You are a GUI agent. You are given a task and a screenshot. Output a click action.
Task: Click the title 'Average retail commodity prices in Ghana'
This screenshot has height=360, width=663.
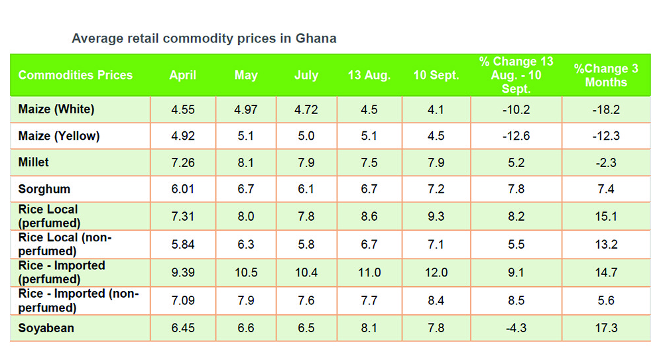[204, 38]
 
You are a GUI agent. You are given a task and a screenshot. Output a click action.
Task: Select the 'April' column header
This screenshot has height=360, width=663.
[182, 75]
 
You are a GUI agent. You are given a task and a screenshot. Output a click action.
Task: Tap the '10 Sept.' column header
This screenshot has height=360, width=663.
[436, 75]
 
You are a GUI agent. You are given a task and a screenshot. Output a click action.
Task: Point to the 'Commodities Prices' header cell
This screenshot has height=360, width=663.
[76, 75]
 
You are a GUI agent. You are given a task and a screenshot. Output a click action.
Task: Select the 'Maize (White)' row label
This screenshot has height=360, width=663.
[56, 109]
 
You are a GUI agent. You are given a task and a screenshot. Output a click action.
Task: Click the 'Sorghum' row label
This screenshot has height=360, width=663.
[44, 189]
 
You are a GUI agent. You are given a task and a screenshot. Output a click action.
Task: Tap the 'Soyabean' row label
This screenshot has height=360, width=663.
[46, 328]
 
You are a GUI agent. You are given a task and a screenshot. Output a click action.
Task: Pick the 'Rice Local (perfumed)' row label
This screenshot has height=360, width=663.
[49, 216]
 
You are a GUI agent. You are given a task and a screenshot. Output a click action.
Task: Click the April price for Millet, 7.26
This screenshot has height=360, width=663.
[182, 162]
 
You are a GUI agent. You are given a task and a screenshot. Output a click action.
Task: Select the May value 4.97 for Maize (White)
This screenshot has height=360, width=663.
[245, 109]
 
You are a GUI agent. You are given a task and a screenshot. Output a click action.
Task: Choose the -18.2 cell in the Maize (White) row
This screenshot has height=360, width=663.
[605, 109]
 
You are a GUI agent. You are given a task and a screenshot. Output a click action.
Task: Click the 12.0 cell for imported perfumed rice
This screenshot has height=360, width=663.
[436, 272]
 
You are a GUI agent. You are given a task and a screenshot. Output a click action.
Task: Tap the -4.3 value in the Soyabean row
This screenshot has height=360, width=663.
[516, 328]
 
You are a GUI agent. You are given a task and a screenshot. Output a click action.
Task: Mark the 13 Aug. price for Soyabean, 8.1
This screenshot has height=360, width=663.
[369, 328]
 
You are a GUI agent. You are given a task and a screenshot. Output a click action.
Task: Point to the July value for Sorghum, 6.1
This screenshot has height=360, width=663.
[306, 190]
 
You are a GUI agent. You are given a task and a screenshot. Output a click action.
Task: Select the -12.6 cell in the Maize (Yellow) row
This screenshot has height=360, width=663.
[516, 137]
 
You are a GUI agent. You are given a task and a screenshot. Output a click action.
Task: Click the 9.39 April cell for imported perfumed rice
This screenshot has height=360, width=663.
[182, 272]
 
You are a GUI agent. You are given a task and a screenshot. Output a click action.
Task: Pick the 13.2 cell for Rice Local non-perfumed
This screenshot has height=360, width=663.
[605, 245]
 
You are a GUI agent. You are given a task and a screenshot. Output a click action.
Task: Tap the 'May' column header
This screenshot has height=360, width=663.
[245, 75]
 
